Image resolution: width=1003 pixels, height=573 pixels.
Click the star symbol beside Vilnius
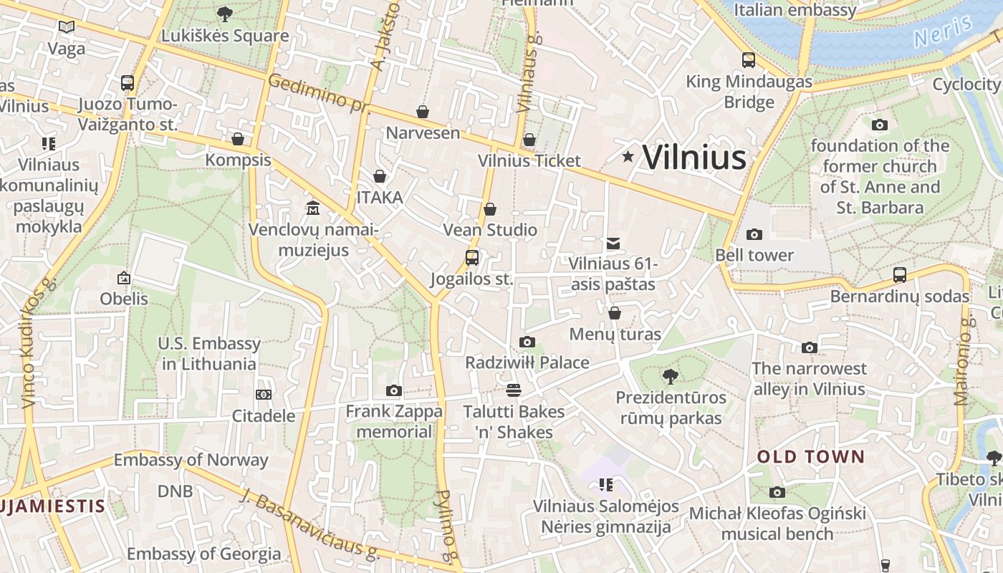click(628, 156)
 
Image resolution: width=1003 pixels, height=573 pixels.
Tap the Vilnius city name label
click(694, 158)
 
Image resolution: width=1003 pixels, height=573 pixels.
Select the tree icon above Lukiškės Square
click(224, 14)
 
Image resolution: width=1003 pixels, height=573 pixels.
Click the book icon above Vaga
click(67, 27)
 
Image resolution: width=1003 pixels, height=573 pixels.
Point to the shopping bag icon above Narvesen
click(423, 112)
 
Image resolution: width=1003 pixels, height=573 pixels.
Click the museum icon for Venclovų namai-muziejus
click(313, 208)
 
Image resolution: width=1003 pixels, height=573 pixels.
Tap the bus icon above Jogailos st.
click(472, 258)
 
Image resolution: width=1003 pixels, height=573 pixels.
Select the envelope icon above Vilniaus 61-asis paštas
click(613, 244)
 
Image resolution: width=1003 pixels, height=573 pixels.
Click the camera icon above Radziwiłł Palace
click(527, 342)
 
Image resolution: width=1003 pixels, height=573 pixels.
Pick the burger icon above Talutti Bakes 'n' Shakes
click(514, 390)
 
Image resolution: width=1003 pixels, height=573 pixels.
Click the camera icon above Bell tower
click(754, 234)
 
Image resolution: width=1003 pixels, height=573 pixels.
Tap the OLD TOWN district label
click(811, 457)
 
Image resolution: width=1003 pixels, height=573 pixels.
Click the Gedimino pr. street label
click(319, 94)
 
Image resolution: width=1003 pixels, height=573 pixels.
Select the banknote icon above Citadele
click(264, 395)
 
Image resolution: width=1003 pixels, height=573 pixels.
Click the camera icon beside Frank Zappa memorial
click(393, 390)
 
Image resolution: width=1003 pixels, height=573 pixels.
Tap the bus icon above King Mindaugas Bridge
click(749, 60)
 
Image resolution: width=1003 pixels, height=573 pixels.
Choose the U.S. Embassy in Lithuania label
click(209, 354)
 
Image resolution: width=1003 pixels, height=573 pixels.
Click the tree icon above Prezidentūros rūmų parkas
click(670, 376)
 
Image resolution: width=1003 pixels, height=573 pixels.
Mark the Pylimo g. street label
click(447, 526)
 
